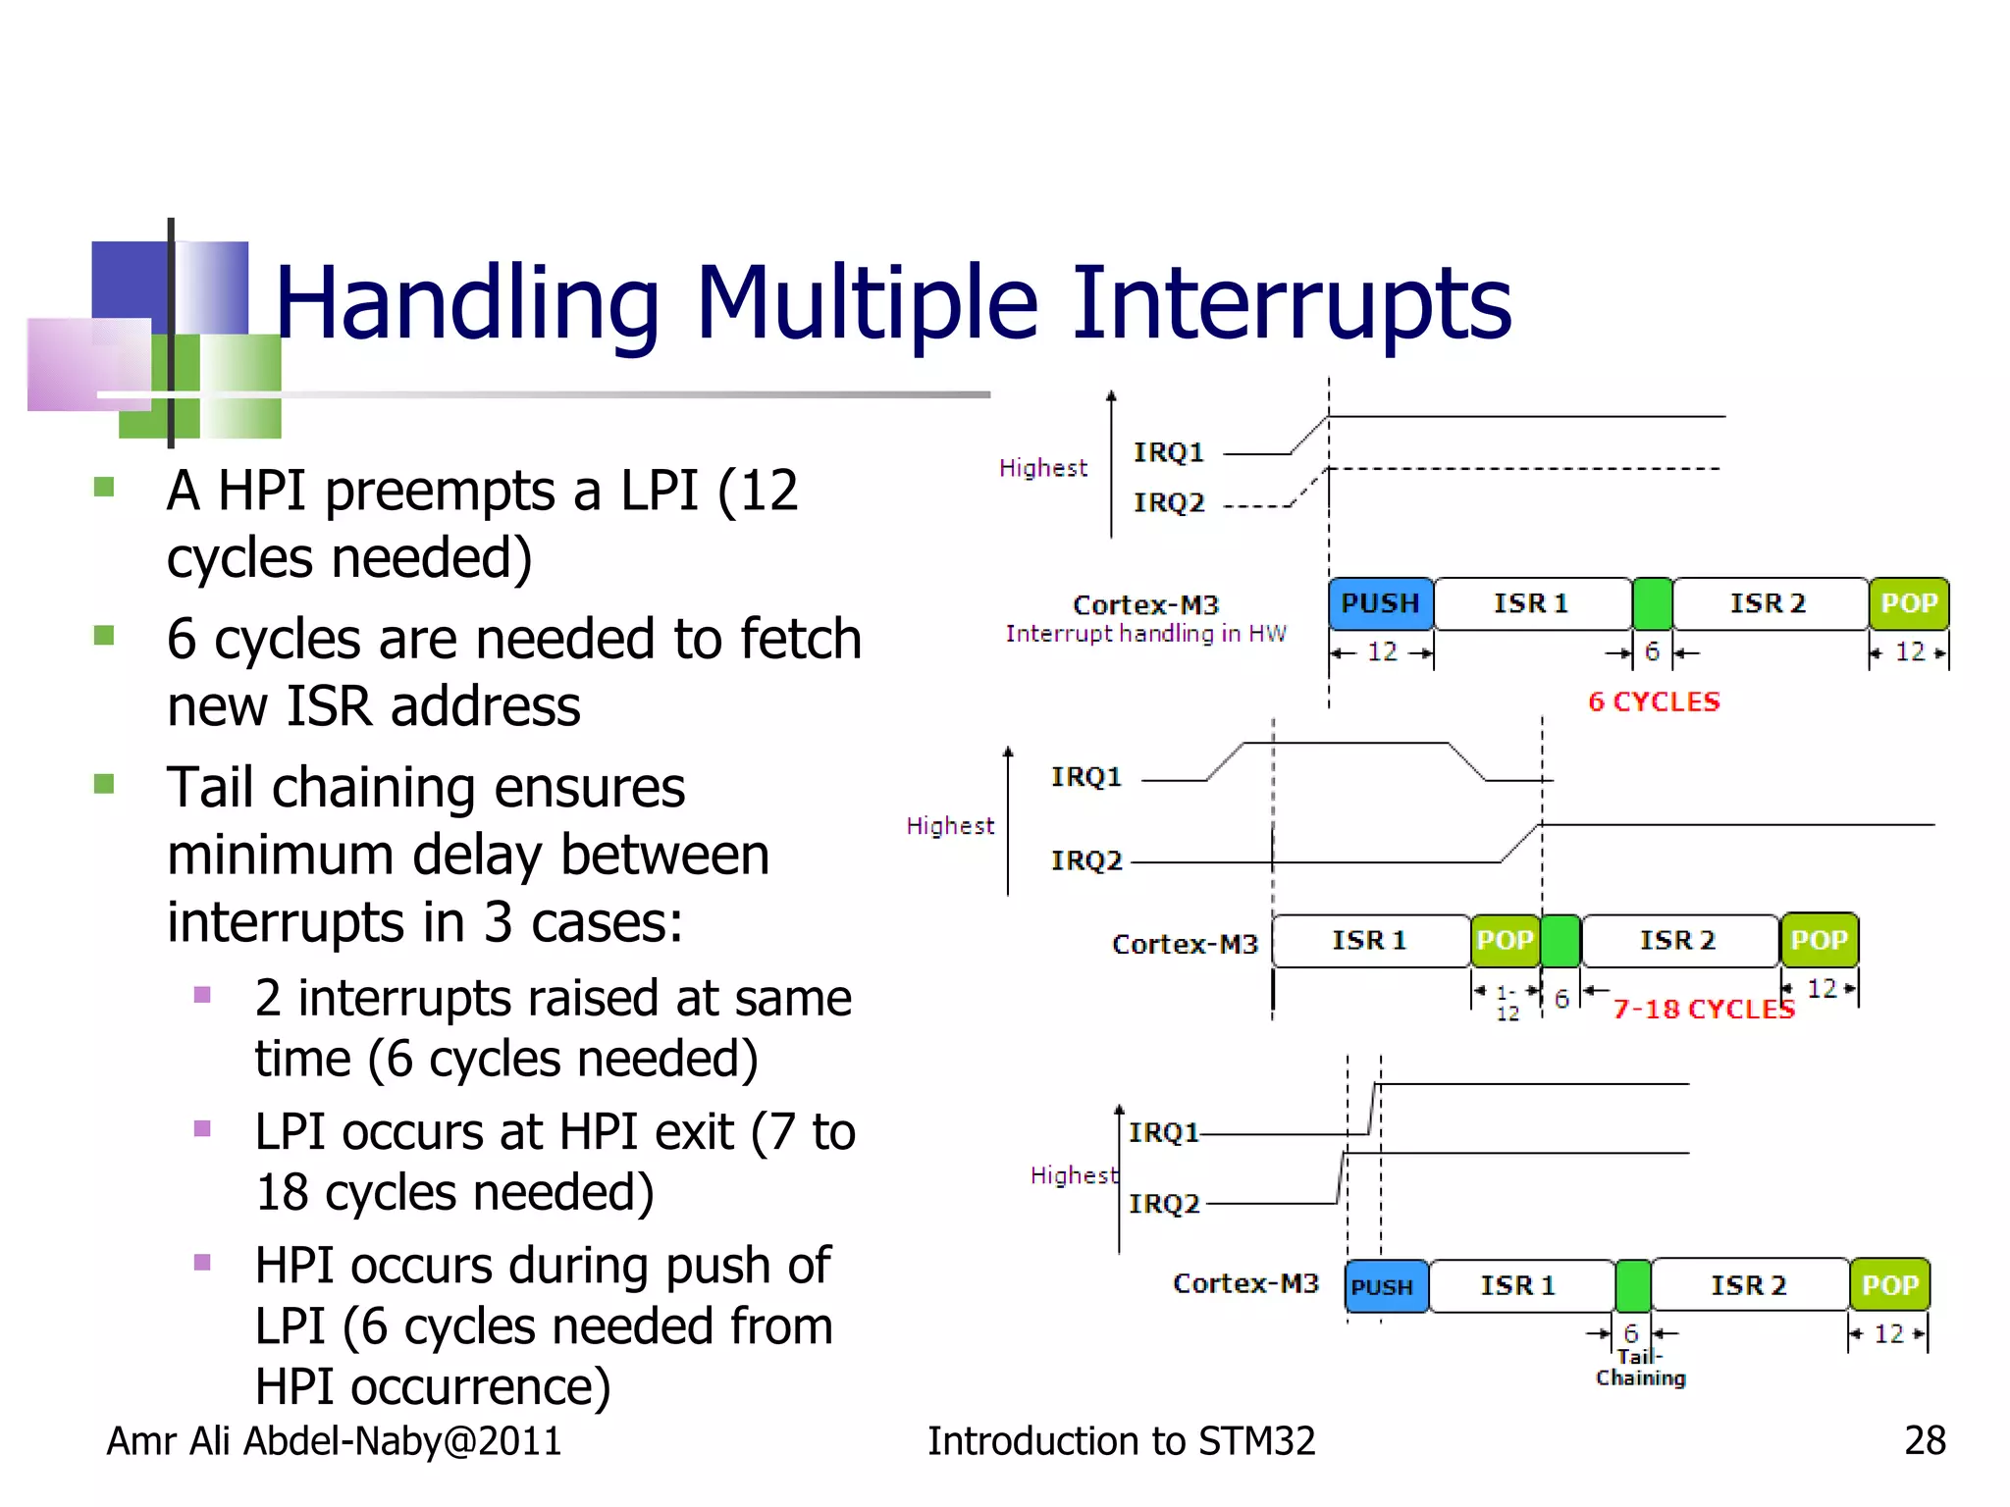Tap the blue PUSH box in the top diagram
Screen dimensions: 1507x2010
pos(1380,603)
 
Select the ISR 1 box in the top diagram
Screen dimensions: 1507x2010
pos(1531,603)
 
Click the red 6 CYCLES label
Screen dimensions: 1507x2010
pos(1654,702)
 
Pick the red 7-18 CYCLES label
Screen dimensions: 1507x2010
pos(1704,1010)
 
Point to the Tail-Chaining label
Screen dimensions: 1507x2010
pos(1640,1368)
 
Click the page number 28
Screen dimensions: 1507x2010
pos(1925,1440)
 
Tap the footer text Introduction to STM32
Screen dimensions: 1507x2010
pos(1121,1440)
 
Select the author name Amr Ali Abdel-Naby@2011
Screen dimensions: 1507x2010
pos(334,1440)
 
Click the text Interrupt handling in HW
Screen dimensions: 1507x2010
pos(1145,634)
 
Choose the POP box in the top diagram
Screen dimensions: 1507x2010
pos(1909,603)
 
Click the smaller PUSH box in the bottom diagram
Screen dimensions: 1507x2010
pos(1385,1286)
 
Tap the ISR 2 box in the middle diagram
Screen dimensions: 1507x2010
pos(1678,940)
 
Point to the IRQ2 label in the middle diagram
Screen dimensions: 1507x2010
pos(1085,860)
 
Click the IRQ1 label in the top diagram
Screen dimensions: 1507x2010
pos(1168,452)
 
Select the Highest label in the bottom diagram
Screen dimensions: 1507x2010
pos(1074,1175)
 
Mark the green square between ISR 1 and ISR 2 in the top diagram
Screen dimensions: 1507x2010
pos(1652,603)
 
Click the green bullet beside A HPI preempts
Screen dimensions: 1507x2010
pos(104,488)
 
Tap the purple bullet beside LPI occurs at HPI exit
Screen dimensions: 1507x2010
pos(203,1128)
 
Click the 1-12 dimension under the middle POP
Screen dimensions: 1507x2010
pos(1507,1003)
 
